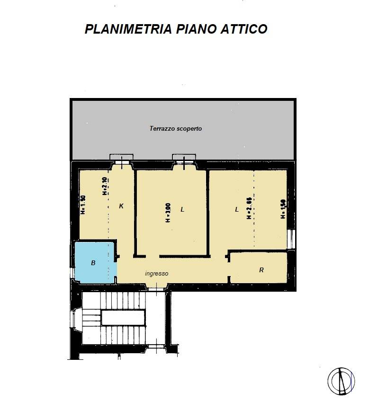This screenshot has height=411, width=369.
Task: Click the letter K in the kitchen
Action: click(x=121, y=206)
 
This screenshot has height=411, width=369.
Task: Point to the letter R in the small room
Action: click(x=261, y=270)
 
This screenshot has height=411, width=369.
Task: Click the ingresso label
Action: click(x=157, y=273)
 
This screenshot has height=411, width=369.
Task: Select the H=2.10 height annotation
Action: click(x=105, y=186)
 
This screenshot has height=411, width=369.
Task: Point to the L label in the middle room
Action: click(x=182, y=209)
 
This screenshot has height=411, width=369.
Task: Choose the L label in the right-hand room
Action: click(x=237, y=209)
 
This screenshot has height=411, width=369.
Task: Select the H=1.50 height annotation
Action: click(x=283, y=208)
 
